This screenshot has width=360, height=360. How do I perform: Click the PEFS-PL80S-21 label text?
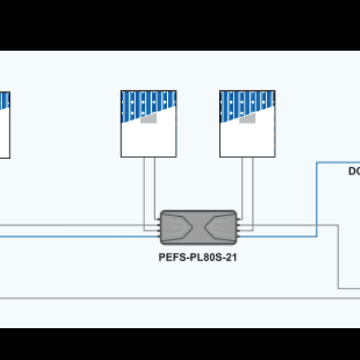pos(198,259)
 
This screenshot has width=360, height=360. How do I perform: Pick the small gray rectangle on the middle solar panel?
pos(149,119)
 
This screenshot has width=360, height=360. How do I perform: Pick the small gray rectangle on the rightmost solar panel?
pos(248,119)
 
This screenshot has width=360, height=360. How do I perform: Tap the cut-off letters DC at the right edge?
pos(354,171)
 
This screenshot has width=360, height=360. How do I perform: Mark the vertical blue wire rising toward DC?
pos(316,200)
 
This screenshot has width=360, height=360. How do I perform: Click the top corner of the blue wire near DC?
pos(317,163)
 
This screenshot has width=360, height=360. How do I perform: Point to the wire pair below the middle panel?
pos(149,185)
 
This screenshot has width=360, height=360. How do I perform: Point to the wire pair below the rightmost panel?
pos(247,185)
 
